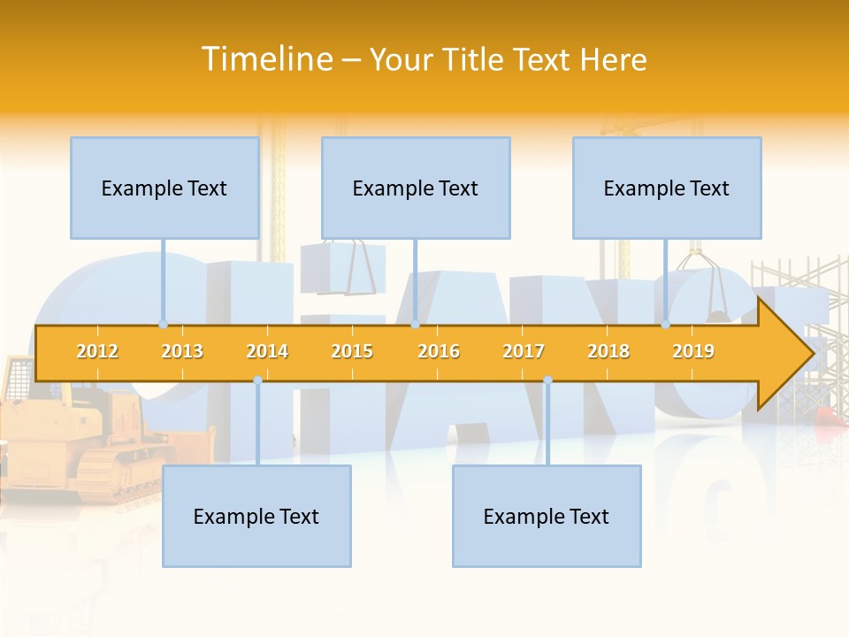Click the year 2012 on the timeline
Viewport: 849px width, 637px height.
(97, 351)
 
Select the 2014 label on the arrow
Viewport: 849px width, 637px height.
(267, 351)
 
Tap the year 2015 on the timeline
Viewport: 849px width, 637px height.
(352, 351)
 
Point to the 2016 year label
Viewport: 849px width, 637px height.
(439, 351)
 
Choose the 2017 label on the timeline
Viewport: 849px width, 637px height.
(524, 351)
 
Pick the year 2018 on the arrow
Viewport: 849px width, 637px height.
(608, 351)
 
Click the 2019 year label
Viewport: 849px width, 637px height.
(693, 351)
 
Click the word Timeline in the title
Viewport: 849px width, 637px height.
(265, 59)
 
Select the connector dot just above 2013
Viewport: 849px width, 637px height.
(163, 325)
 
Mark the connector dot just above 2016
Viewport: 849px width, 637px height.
(415, 325)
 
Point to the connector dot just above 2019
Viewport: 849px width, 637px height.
(665, 325)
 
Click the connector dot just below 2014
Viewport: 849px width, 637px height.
(257, 380)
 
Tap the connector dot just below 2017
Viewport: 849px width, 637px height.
(547, 380)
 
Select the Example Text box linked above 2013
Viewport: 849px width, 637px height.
(164, 188)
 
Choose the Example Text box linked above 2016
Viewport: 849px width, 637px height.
(416, 188)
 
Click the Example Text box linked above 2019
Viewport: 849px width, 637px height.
(667, 188)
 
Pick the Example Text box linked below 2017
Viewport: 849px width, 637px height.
(547, 516)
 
